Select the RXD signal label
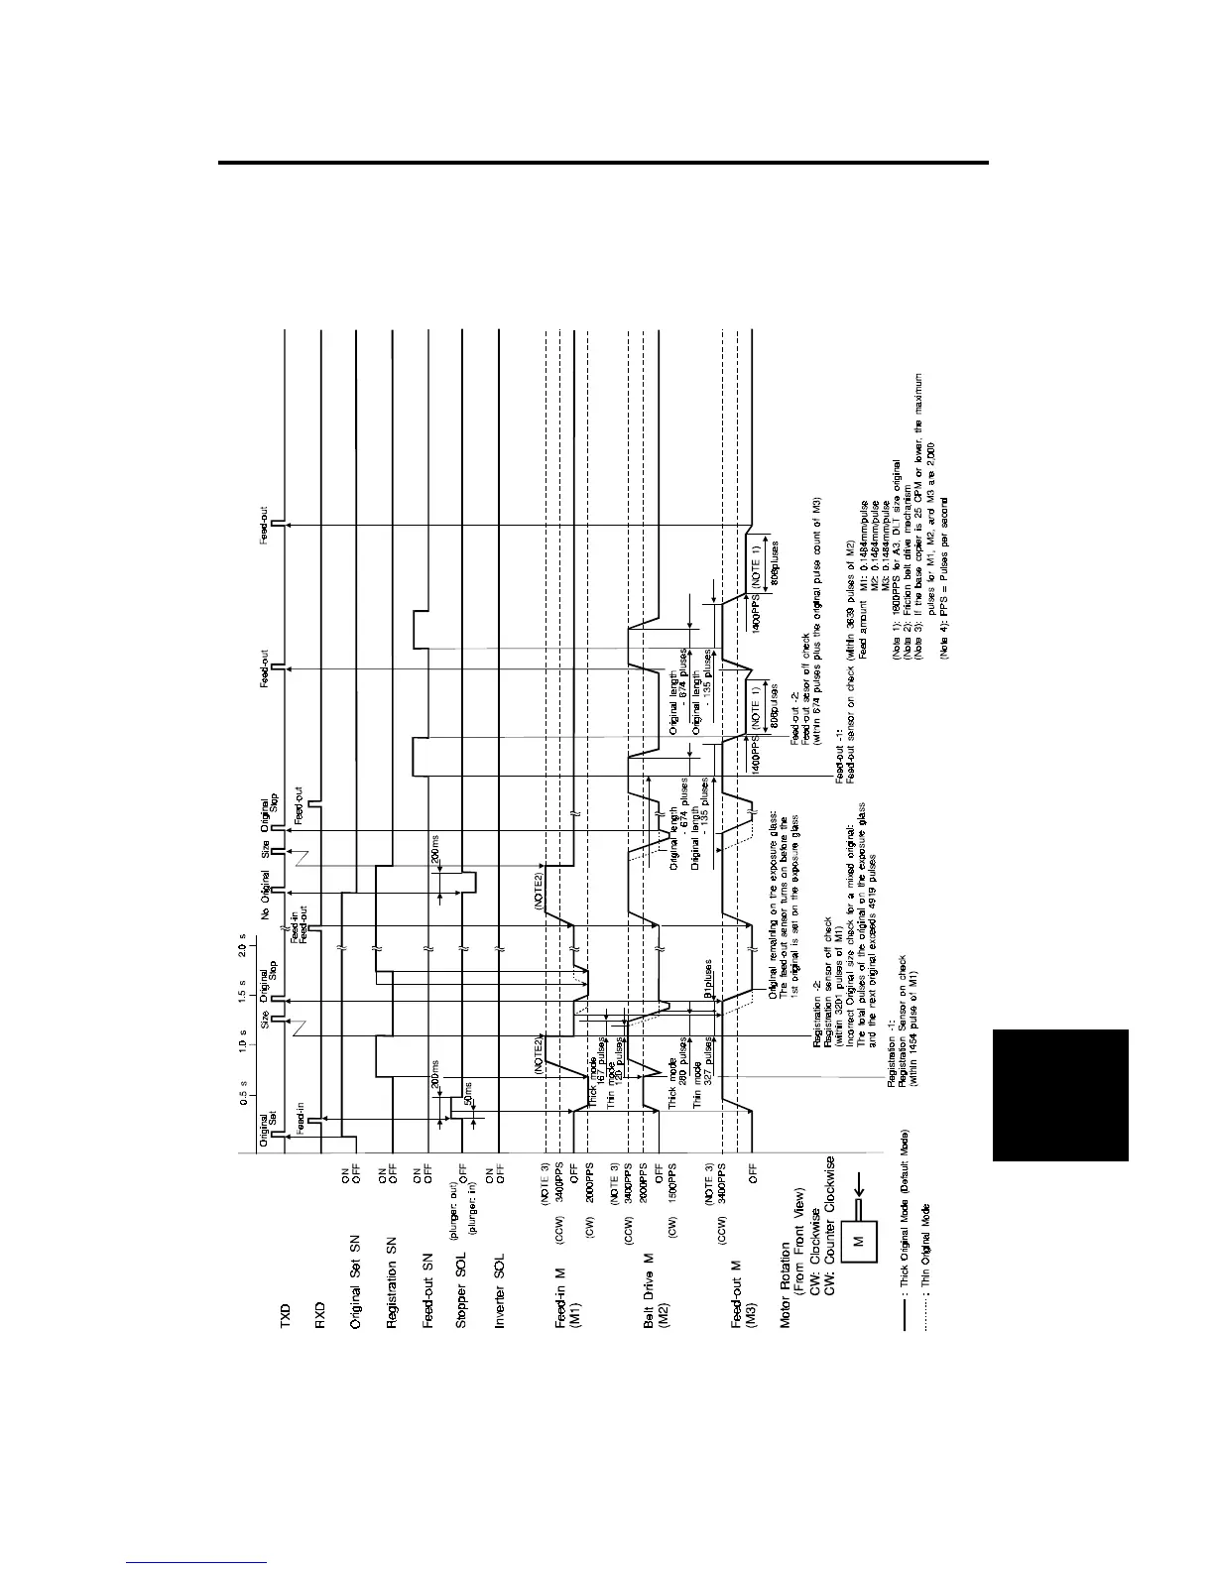click(320, 1323)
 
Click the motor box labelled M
click(860, 1239)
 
